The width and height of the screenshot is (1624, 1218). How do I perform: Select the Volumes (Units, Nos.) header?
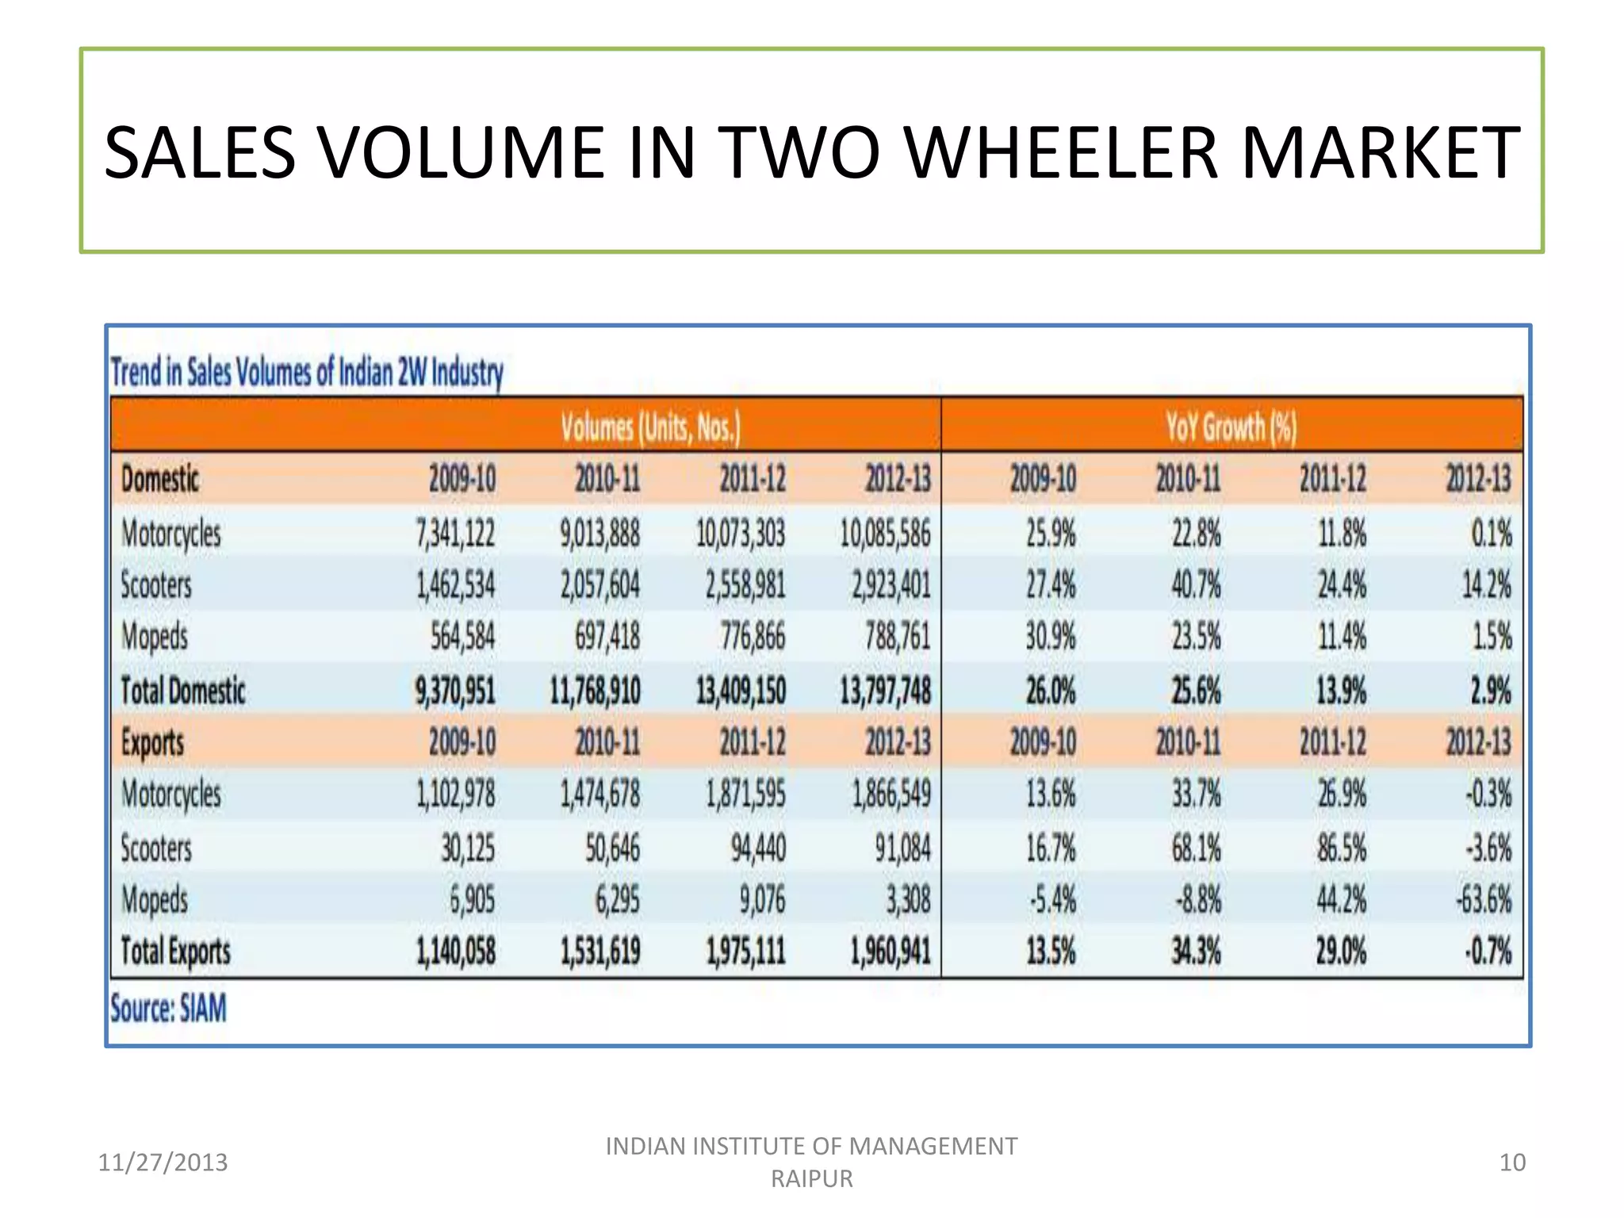pyautogui.click(x=650, y=427)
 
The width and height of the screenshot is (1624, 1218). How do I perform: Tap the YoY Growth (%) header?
pyautogui.click(x=1231, y=427)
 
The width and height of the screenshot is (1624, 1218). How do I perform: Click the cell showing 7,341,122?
pyautogui.click(x=455, y=533)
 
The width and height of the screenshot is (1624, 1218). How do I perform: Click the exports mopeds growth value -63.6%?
pyautogui.click(x=1483, y=900)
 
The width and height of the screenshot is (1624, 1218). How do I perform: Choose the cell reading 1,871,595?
pyautogui.click(x=745, y=794)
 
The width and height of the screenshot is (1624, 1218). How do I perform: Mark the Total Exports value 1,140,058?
pyautogui.click(x=455, y=951)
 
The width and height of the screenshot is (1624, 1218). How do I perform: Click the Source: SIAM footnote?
pyautogui.click(x=168, y=1009)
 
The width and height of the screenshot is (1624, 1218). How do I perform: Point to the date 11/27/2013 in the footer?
pyautogui.click(x=163, y=1162)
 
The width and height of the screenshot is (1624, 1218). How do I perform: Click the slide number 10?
pyautogui.click(x=1511, y=1162)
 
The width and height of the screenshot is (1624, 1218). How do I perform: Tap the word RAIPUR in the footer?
pyautogui.click(x=811, y=1179)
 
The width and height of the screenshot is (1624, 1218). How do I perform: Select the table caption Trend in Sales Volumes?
pyautogui.click(x=307, y=372)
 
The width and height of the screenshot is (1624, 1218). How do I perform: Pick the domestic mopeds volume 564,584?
pyautogui.click(x=462, y=637)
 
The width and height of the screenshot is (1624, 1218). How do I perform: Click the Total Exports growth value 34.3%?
pyautogui.click(x=1196, y=951)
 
